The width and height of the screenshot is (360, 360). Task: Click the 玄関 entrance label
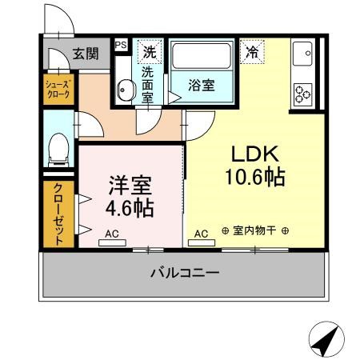coord(86,54)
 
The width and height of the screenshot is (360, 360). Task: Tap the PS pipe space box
coord(121,45)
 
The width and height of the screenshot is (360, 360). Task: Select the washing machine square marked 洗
coord(150,52)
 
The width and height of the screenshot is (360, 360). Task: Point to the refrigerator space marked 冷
coord(252,52)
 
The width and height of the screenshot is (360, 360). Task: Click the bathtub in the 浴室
coord(202,56)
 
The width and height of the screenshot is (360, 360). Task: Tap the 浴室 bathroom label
coord(202,86)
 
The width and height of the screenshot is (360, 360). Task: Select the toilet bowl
coord(58,150)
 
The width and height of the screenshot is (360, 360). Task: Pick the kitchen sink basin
coord(302,54)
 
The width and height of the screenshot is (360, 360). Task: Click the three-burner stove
coord(303,94)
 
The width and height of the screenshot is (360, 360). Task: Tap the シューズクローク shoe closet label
coord(58,90)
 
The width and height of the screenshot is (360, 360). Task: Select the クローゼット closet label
coord(58,214)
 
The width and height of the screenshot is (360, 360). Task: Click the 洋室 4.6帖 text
coord(130,197)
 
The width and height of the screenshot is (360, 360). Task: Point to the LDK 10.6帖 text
coord(255,166)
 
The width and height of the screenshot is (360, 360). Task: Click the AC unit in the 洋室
coord(112,242)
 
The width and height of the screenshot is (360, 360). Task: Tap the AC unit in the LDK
coord(202,242)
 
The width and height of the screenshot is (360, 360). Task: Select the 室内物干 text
coord(254,230)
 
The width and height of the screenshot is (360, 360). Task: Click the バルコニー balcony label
coord(185,273)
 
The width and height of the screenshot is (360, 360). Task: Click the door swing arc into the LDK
coord(206,132)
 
